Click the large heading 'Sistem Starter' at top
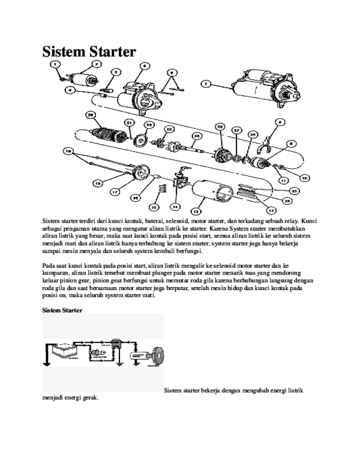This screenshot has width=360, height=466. tap(89, 52)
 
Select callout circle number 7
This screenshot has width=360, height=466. tap(205, 85)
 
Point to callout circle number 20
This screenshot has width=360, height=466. tap(91, 115)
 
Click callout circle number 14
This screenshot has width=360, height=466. tap(175, 207)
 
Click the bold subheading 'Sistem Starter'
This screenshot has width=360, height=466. tap(62, 310)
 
